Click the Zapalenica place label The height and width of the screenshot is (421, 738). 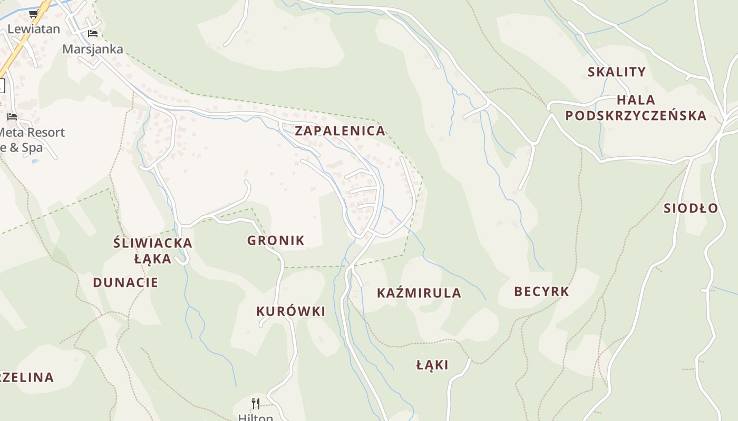(340, 131)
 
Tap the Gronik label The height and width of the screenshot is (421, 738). (276, 240)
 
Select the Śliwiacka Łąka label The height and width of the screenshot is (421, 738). (153, 250)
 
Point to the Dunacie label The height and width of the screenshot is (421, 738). (125, 283)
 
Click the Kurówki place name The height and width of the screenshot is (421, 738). (290, 312)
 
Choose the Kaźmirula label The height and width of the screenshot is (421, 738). (419, 293)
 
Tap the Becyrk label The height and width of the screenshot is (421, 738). (541, 292)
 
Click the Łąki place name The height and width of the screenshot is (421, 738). (432, 365)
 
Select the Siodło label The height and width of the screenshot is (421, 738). (691, 208)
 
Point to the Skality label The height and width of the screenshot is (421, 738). (617, 72)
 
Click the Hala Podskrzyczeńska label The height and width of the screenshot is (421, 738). (636, 108)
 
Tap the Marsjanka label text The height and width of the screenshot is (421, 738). (93, 49)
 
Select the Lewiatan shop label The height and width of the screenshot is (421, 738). (34, 29)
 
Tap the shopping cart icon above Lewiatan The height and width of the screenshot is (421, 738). (34, 14)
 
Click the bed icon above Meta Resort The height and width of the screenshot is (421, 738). (12, 116)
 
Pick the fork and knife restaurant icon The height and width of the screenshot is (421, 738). (255, 404)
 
